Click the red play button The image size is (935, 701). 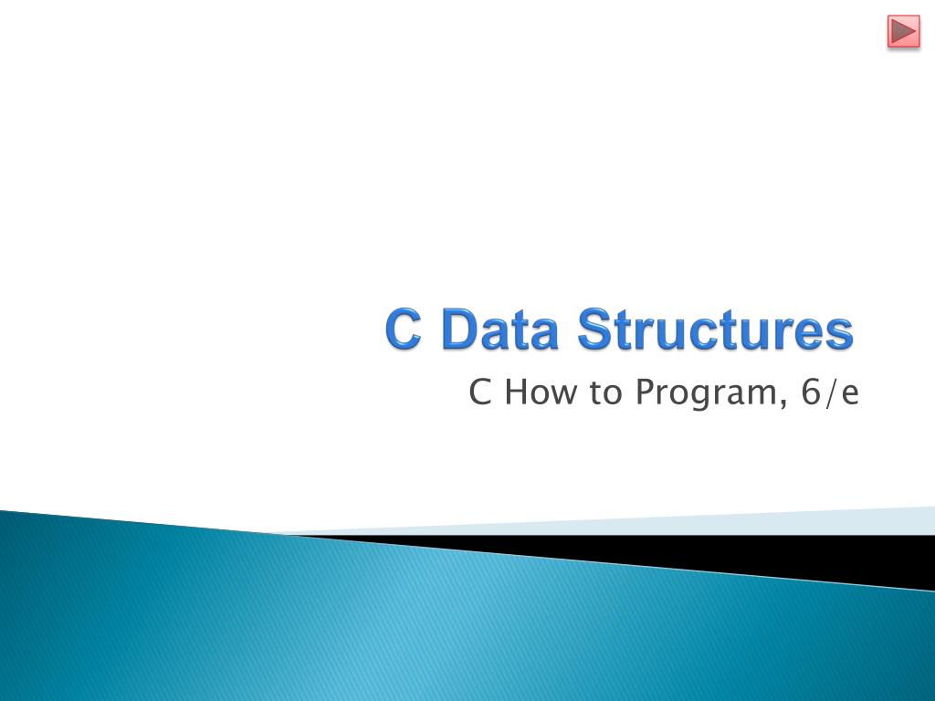coord(903,31)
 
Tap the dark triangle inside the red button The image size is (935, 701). coord(904,31)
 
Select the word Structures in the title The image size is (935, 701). coord(715,329)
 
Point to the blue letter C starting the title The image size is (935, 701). coord(403,329)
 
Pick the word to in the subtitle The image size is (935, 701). coord(606,392)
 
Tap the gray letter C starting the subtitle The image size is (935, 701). coord(480,392)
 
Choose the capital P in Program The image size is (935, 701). coord(646,392)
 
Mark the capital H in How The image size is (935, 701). coord(517,392)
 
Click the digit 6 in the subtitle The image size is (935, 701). coord(811,392)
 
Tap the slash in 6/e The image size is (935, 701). coord(830,392)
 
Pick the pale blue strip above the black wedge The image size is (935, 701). coord(656,523)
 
